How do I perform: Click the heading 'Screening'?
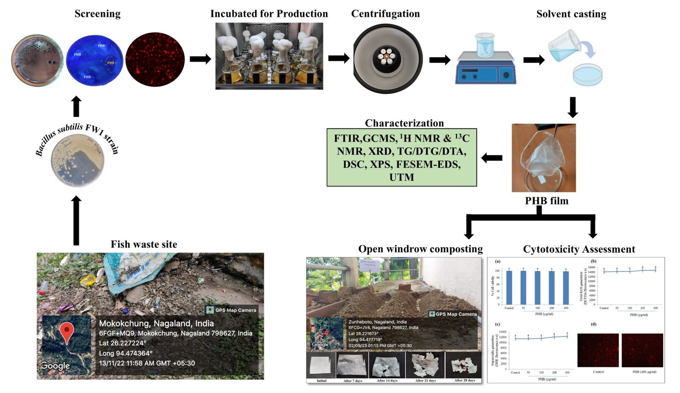(97, 14)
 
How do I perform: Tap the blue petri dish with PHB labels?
(94, 60)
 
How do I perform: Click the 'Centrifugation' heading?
(385, 14)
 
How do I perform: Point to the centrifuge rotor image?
(388, 58)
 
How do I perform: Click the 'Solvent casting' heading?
(571, 14)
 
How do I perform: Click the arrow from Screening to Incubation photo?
(200, 59)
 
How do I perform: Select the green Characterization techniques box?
(402, 157)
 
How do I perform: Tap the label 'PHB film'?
(547, 201)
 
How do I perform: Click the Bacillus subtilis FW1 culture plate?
(77, 160)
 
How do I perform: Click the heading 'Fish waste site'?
(144, 244)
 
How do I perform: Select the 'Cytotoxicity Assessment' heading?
(579, 249)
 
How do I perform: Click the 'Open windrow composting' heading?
(420, 249)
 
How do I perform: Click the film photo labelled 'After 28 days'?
(464, 365)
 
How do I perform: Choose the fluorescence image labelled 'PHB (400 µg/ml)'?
(642, 350)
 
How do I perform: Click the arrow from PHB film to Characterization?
(492, 158)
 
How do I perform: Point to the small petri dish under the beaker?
(587, 75)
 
